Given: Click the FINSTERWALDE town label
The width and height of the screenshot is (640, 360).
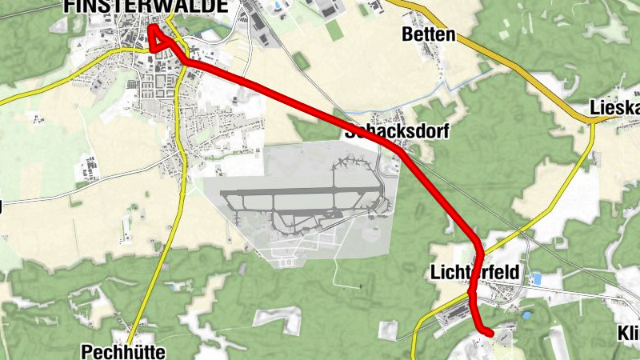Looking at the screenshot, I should (x=145, y=6).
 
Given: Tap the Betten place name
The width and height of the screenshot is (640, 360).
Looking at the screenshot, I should (x=428, y=35).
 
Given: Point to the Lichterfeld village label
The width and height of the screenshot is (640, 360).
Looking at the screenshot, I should (x=474, y=272).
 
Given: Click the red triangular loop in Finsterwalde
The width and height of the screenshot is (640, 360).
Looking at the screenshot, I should (x=158, y=40).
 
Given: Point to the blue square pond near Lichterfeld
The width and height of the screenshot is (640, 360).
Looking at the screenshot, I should (x=537, y=278).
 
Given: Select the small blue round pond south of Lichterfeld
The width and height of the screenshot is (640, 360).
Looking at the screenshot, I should (x=526, y=316).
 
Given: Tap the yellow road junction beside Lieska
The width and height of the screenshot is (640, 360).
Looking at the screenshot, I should (x=594, y=121).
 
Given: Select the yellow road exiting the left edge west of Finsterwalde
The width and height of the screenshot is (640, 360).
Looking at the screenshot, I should (x=8, y=101).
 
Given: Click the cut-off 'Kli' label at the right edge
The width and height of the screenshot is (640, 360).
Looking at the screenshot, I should (x=628, y=334).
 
